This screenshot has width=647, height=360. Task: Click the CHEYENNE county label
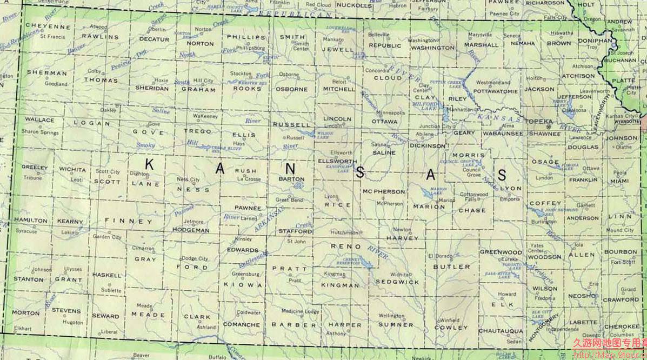click(x=48, y=26)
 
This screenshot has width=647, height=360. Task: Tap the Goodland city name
click(x=56, y=84)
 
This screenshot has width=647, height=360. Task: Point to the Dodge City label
click(x=195, y=259)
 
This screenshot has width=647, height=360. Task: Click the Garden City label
click(x=108, y=237)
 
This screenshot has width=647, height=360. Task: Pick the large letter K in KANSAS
click(x=149, y=165)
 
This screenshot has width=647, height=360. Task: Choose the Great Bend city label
click(x=289, y=200)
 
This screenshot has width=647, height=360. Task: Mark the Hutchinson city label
click(x=344, y=232)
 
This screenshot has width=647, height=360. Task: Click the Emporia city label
click(x=510, y=199)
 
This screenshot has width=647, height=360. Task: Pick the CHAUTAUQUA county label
click(x=501, y=330)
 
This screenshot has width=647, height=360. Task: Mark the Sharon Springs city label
click(x=39, y=132)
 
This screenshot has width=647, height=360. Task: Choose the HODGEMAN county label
click(x=190, y=230)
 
